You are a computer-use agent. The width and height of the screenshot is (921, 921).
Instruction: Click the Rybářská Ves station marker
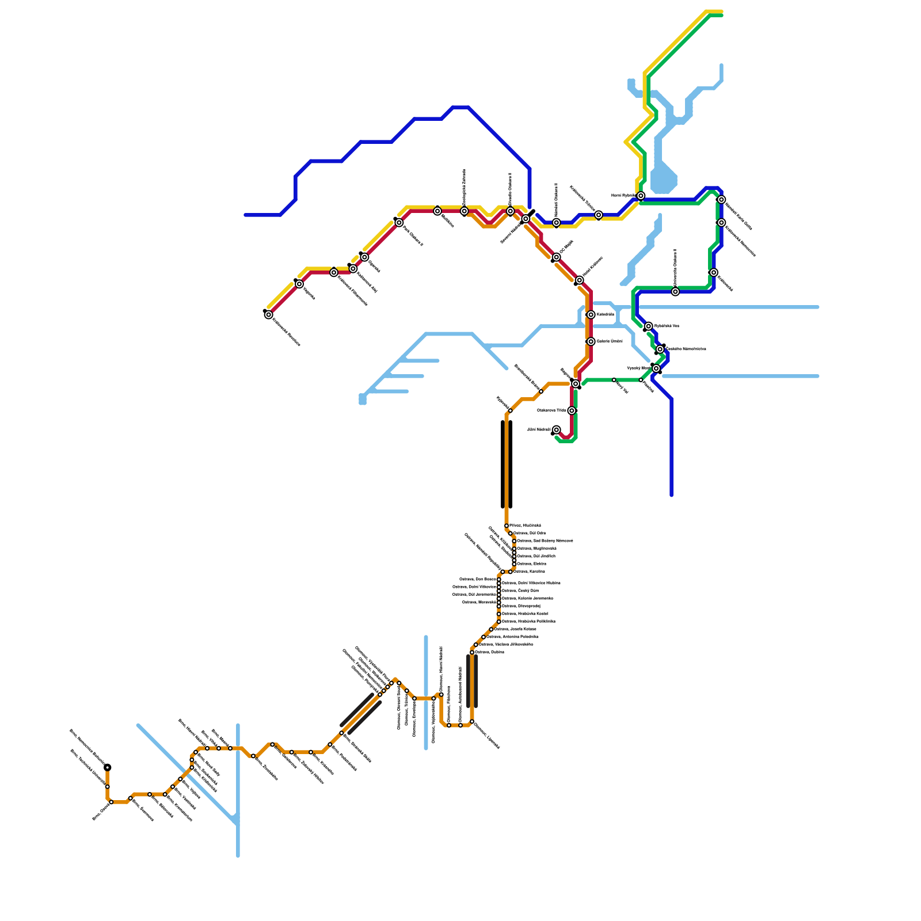[x=649, y=326]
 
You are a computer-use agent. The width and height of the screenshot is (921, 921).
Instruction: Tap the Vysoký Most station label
[x=638, y=368]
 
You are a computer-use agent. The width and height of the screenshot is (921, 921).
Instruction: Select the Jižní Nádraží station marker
[x=556, y=430]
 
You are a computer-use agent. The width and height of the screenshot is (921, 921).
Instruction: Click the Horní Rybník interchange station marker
[x=641, y=196]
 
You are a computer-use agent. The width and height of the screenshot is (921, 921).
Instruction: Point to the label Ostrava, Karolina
[x=529, y=572]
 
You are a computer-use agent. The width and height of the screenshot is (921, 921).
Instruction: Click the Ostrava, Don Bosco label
[x=477, y=579]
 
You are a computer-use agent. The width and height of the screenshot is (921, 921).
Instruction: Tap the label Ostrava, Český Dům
[x=520, y=591]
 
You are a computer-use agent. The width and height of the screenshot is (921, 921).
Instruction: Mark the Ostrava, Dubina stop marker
[x=472, y=652]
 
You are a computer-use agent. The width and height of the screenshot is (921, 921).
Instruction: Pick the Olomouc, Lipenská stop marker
[x=472, y=722]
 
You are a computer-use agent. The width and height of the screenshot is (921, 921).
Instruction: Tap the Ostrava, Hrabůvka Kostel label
[x=524, y=614]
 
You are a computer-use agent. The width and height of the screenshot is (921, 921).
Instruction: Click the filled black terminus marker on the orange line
[x=108, y=767]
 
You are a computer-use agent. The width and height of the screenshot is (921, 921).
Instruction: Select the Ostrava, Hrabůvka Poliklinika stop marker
[x=499, y=622]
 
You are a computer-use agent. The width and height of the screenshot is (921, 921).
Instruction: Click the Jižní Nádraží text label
[x=539, y=430]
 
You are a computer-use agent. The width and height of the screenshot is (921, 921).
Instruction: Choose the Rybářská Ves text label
[x=667, y=326]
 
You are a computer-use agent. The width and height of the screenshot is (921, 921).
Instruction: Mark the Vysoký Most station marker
[x=656, y=368]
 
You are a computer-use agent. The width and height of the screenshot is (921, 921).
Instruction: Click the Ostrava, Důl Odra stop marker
[x=511, y=534]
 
